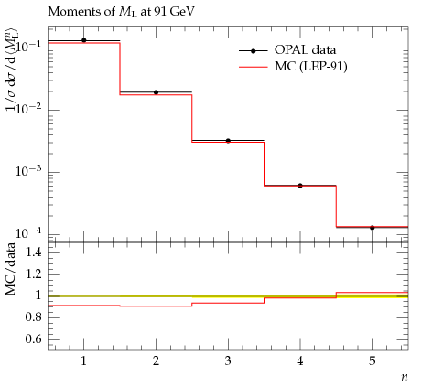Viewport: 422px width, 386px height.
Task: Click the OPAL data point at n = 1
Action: point(84,40)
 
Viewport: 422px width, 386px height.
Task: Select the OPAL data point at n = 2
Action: point(156,92)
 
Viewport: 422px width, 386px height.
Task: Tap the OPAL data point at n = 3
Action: point(228,141)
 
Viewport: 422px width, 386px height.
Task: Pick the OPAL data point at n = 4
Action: point(300,186)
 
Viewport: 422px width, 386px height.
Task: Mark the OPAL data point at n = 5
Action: point(373,228)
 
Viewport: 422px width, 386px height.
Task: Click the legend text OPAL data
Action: point(305,49)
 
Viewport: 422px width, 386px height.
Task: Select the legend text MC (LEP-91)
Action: point(311,66)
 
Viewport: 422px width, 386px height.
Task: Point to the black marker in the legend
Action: point(253,51)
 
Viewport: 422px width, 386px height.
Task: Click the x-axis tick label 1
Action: point(83,361)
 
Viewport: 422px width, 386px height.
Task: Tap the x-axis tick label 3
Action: point(228,361)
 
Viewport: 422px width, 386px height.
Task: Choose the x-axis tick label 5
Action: point(373,361)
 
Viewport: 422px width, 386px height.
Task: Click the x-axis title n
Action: point(405,377)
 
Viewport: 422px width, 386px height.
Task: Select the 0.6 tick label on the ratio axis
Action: point(33,338)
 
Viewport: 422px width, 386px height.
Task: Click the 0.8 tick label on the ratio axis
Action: point(33,316)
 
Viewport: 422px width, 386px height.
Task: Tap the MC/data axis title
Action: point(11,269)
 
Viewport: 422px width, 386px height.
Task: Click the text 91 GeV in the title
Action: point(172,11)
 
